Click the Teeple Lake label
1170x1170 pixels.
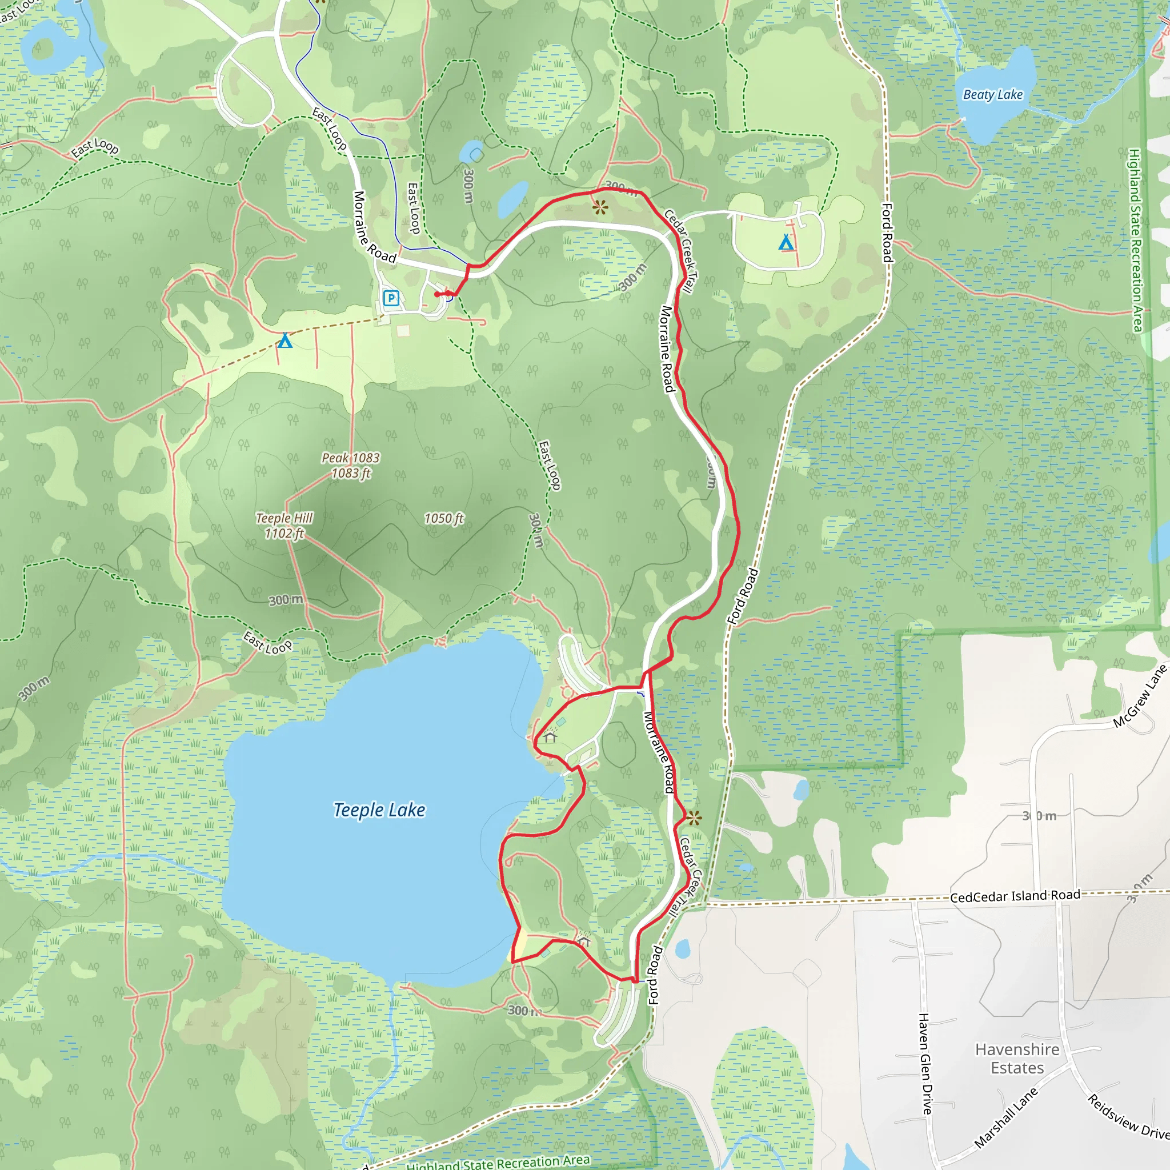point(379,810)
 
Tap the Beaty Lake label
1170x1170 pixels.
point(992,94)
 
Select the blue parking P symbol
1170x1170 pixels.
point(391,298)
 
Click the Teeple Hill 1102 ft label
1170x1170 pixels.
point(284,525)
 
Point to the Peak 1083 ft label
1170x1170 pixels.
point(351,465)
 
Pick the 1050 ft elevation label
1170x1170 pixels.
point(443,518)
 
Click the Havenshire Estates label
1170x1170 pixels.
point(1017,1058)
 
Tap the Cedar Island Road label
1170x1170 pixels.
point(1015,896)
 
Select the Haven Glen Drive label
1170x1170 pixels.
point(925,1063)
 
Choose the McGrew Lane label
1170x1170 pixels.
point(1140,696)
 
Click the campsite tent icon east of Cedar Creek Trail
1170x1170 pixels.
point(786,243)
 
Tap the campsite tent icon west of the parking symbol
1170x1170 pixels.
point(285,341)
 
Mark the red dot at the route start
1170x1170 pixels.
point(437,294)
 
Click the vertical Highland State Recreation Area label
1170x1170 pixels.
point(1135,240)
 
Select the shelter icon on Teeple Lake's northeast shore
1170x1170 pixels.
point(550,737)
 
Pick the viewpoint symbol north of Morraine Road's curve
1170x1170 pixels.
point(600,208)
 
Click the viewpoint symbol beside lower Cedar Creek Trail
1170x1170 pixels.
point(694,819)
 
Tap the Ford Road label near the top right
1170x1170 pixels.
point(887,233)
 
